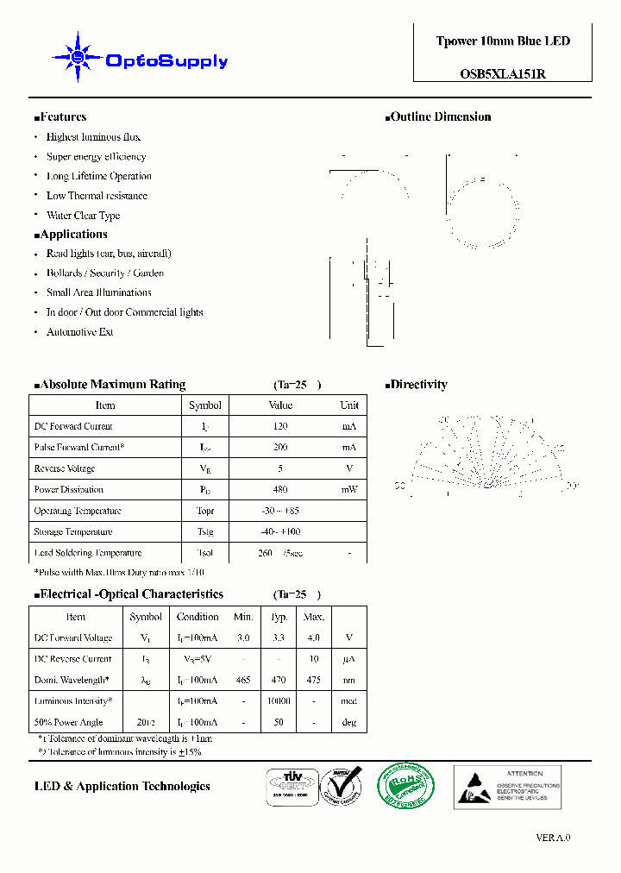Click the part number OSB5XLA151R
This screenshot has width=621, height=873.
(503, 74)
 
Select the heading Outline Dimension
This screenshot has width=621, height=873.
(440, 116)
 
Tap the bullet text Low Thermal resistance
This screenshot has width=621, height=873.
(97, 196)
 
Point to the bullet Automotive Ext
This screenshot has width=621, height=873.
(79, 332)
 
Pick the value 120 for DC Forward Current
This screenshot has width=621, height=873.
(280, 426)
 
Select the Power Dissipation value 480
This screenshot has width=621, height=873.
(280, 489)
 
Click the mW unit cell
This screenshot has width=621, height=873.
(348, 489)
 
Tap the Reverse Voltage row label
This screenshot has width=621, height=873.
(64, 468)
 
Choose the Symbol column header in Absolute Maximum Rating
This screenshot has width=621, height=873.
(204, 405)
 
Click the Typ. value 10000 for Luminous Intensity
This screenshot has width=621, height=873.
(278, 701)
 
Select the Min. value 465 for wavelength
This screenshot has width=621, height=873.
(243, 680)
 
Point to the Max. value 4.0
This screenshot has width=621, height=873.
(313, 638)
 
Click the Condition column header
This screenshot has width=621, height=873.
(198, 617)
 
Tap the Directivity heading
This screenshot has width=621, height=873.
(418, 385)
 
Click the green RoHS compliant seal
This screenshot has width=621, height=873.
(406, 786)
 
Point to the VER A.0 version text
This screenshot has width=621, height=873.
(553, 838)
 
